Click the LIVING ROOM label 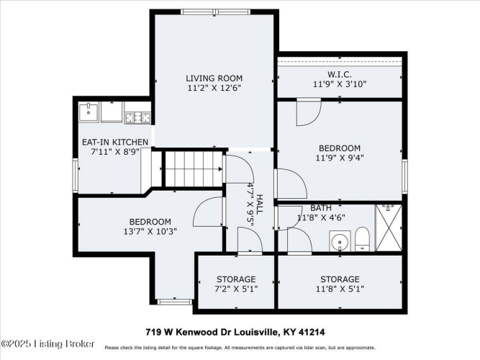tap(214, 78)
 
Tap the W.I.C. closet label tap(340, 74)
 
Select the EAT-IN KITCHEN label tap(115, 142)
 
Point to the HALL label tap(259, 204)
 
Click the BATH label tap(321, 208)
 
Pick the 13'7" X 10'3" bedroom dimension tap(150, 231)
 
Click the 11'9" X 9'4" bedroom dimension tap(340, 158)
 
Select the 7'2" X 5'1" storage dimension tap(236, 289)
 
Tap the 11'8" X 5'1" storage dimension tap(340, 289)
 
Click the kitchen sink tap(89, 112)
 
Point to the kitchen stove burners tap(138, 117)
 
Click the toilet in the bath tap(363, 239)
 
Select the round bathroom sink tap(340, 240)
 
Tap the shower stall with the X tap(389, 228)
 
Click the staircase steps tap(193, 168)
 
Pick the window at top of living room tap(215, 12)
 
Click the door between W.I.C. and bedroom tap(309, 112)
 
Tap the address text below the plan tap(235, 332)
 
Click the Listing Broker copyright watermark tap(47, 343)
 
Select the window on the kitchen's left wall tap(76, 175)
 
